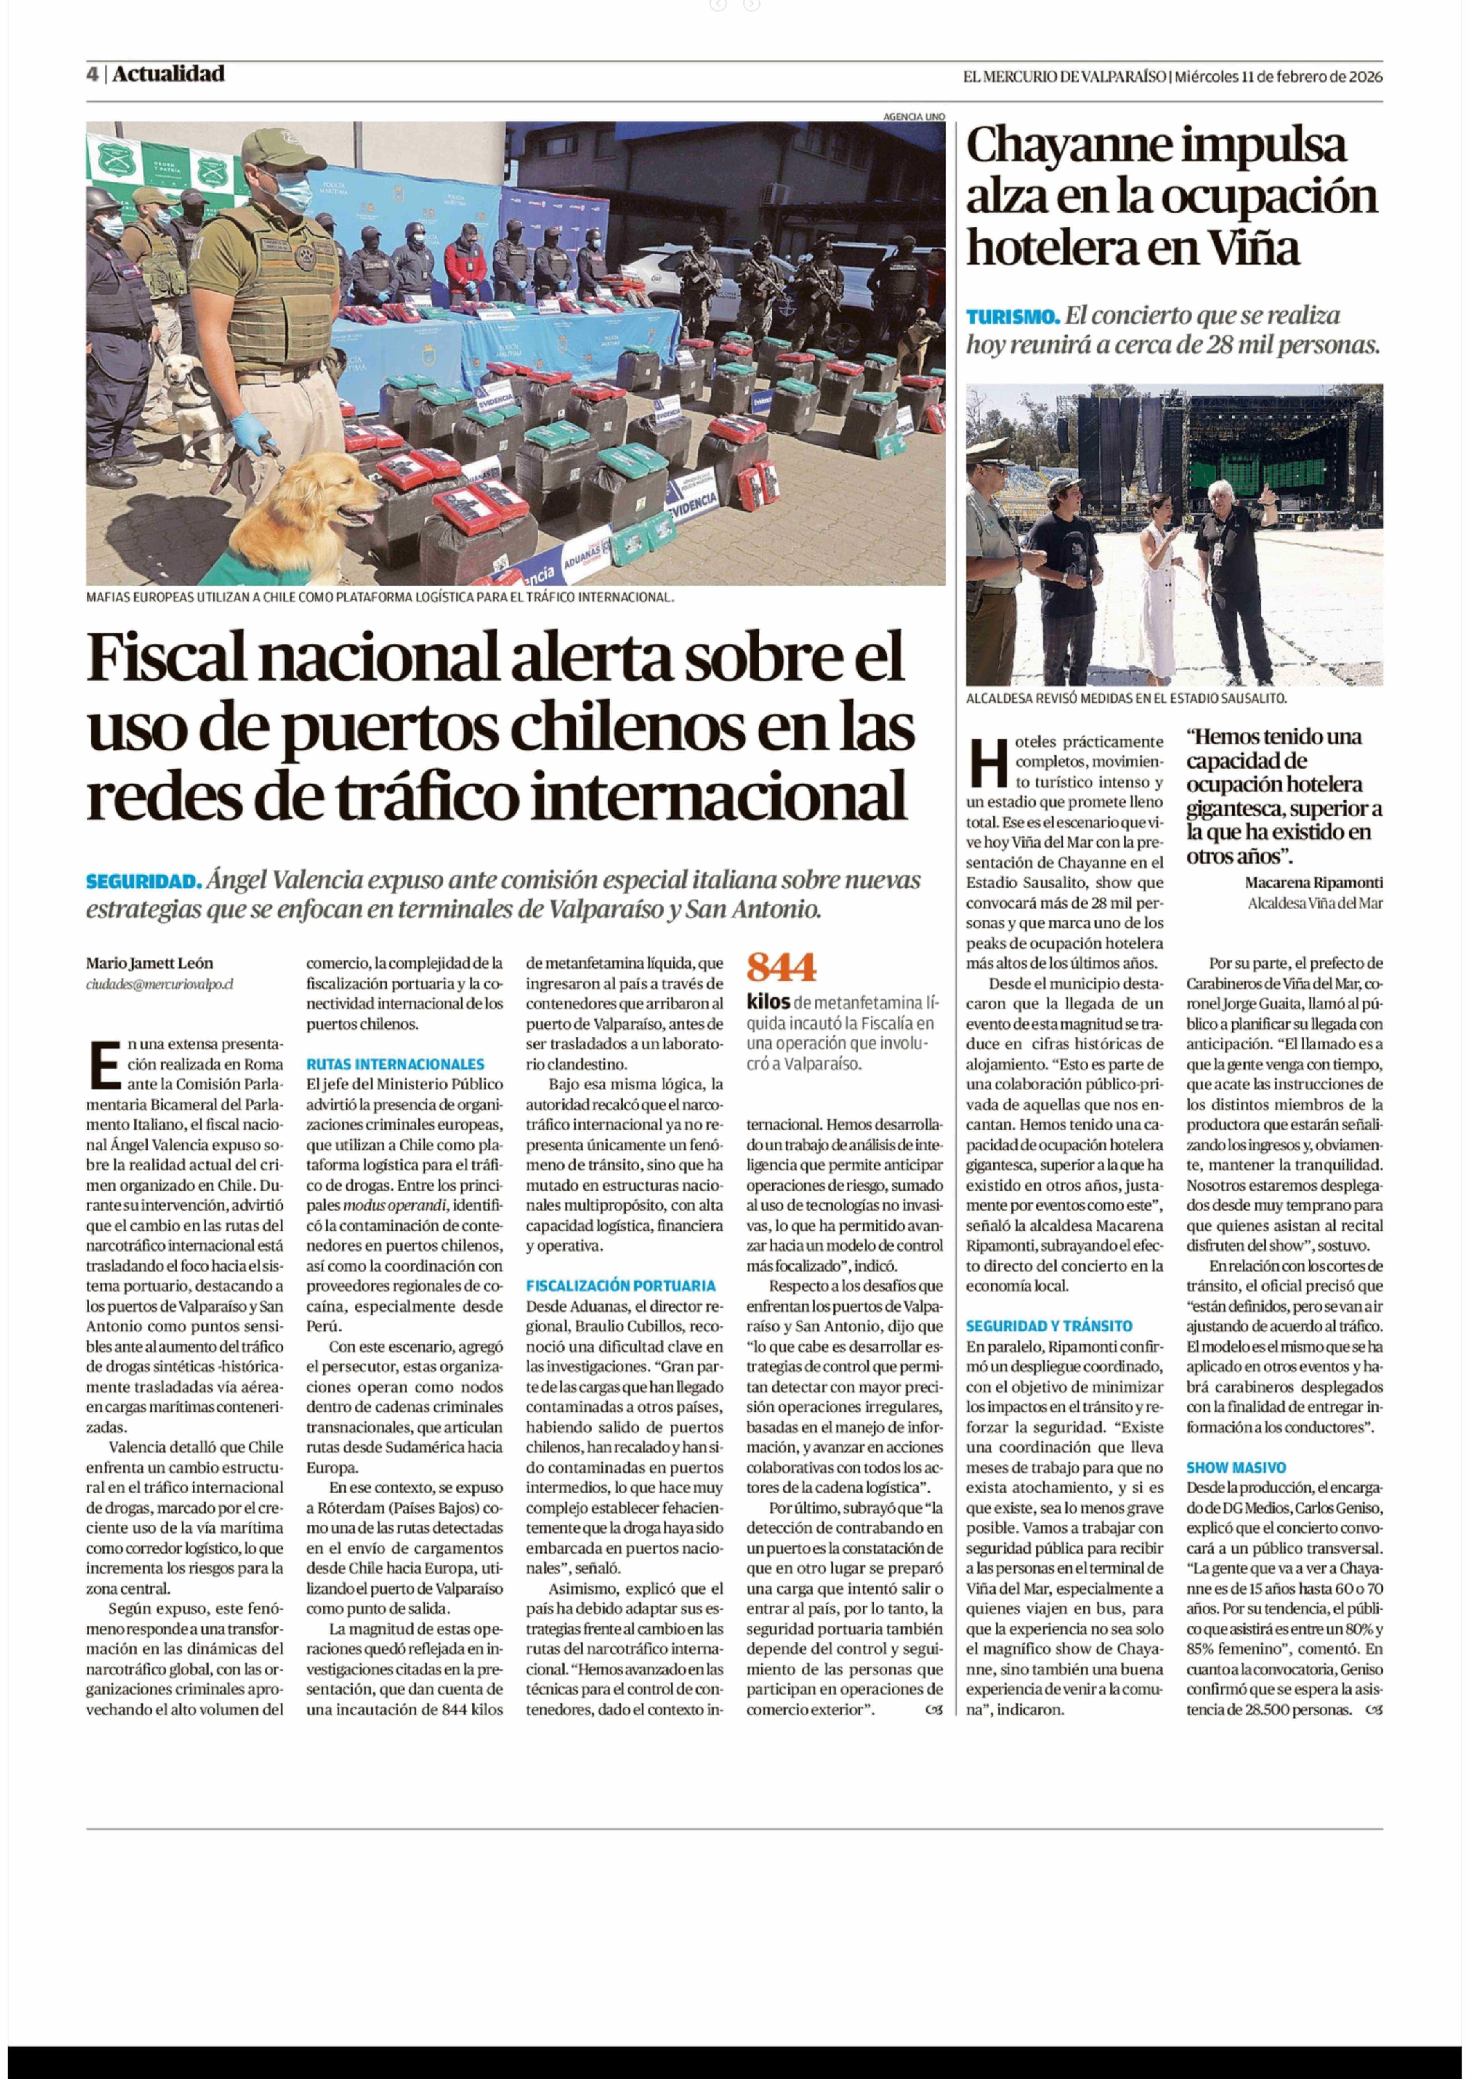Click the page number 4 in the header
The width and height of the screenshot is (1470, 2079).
point(92,74)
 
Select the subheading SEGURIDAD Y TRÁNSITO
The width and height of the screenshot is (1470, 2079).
point(1049,1326)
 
